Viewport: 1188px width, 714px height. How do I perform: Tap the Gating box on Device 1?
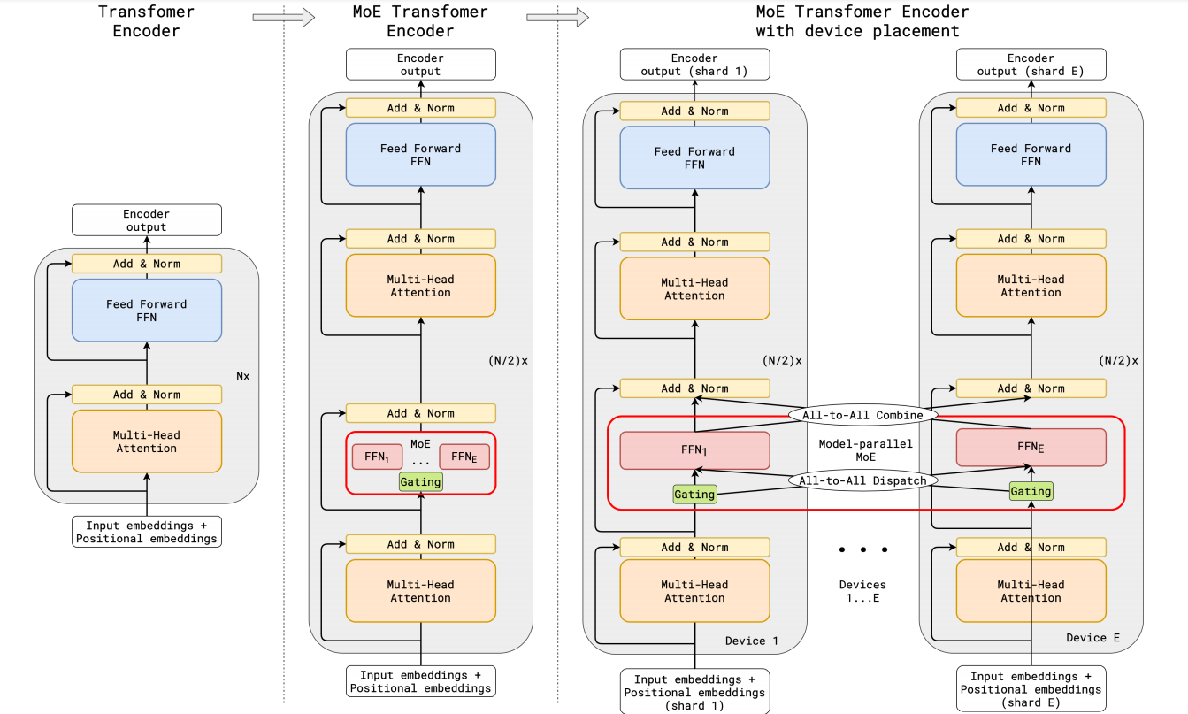click(694, 495)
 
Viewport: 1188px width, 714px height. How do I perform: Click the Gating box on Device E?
click(1031, 491)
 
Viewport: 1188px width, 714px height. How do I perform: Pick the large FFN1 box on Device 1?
click(694, 450)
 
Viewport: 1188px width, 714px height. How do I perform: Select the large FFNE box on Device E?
click(1031, 448)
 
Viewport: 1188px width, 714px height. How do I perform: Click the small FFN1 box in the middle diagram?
click(378, 457)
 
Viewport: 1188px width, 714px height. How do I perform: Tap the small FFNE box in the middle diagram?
click(464, 457)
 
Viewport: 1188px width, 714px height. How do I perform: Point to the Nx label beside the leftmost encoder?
click(242, 375)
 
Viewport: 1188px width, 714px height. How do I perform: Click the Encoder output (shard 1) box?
click(694, 65)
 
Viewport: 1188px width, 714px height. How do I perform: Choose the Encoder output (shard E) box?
click(1031, 65)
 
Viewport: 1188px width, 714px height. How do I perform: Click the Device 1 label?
click(751, 641)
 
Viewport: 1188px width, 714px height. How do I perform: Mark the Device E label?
click(1086, 638)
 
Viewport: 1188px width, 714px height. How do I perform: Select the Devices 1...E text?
click(862, 592)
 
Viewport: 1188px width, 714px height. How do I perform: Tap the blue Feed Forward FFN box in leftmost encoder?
click(147, 311)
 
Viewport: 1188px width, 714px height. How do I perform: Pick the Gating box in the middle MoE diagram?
click(421, 482)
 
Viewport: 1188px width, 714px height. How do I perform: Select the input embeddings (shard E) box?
click(1031, 689)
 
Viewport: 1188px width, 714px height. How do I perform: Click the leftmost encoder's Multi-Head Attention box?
click(147, 441)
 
